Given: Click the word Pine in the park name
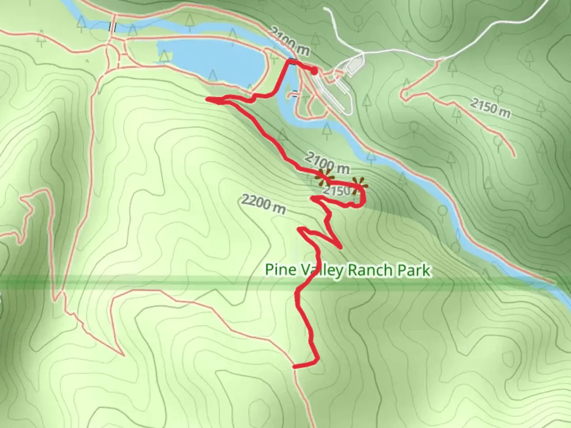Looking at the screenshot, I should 280,270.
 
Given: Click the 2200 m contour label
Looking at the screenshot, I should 263,204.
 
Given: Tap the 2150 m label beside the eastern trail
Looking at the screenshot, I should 491,108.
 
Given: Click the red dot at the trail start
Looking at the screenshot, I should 314,71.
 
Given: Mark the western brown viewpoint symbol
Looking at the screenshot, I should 325,178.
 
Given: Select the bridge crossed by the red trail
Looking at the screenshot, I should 292,61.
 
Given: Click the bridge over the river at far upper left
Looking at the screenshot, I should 113,27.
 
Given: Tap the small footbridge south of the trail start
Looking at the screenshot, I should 295,94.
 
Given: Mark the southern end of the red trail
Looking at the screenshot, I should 295,367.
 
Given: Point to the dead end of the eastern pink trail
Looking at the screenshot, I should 514,155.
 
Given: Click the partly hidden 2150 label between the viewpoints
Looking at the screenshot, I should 336,191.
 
